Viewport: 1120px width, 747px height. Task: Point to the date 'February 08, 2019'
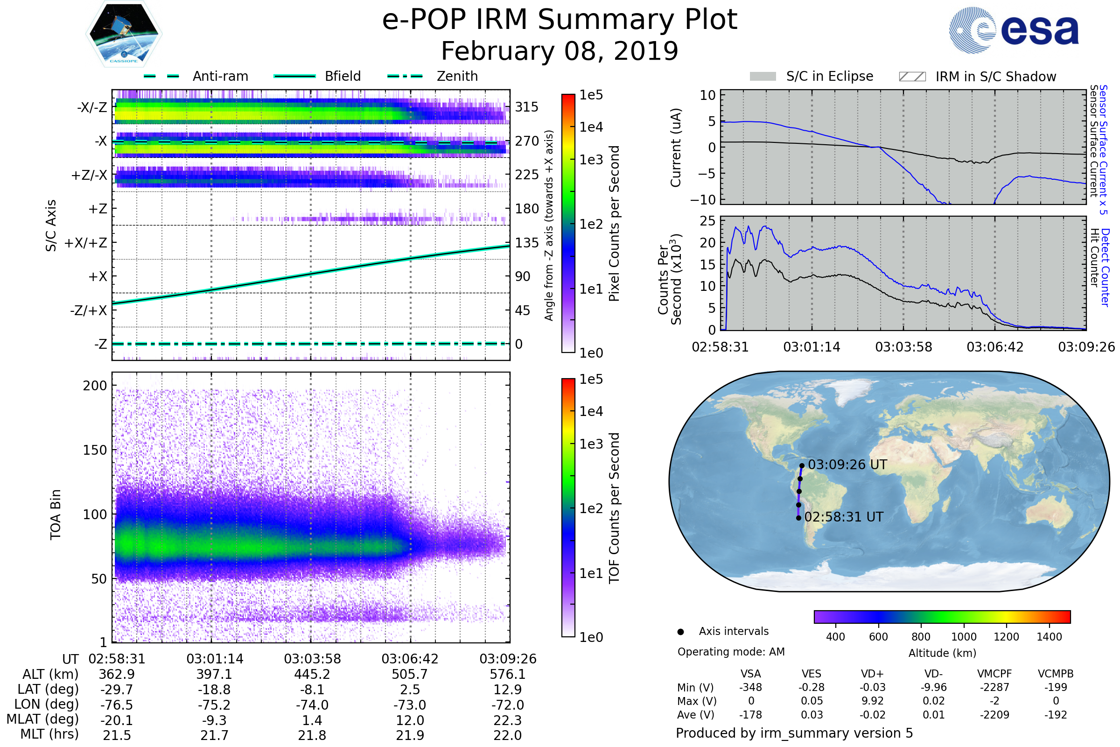(560, 51)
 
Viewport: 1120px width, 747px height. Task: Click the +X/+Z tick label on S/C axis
(86, 243)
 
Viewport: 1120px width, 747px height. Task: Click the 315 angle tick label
(526, 107)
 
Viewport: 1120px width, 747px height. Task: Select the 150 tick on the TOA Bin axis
(95, 450)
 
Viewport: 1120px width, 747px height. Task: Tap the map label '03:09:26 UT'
(847, 465)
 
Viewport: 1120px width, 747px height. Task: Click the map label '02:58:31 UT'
(843, 517)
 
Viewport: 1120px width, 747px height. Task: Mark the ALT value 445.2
(312, 674)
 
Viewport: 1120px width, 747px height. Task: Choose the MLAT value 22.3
(508, 720)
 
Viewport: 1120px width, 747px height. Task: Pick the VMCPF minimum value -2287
(994, 687)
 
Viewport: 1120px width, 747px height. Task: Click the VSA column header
(750, 674)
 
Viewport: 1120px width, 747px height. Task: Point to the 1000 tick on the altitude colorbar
(963, 637)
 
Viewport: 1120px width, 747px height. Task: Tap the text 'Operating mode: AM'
(731, 652)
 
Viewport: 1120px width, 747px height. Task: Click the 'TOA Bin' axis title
(56, 514)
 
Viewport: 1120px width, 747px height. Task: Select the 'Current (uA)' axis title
(676, 148)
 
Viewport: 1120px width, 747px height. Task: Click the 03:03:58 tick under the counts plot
(903, 347)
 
